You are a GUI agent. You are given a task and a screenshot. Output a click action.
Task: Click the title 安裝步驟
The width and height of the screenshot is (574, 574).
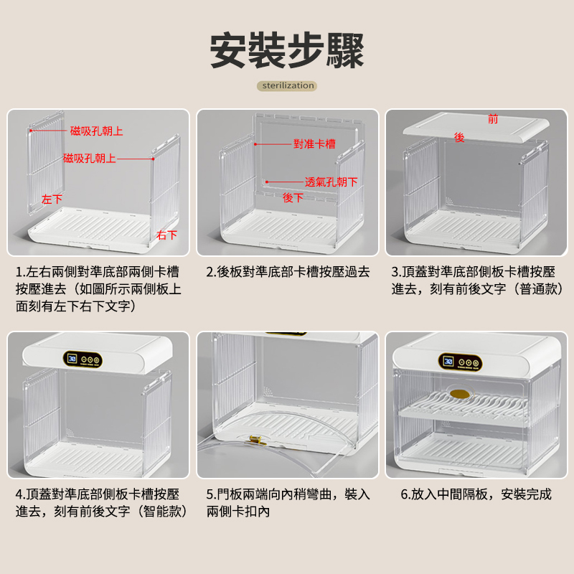[x=286, y=50]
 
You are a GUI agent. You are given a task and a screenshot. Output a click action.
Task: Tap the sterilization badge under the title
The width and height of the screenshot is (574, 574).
[x=287, y=85]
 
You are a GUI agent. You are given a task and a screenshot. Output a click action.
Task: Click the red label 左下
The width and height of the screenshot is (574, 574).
[x=52, y=199]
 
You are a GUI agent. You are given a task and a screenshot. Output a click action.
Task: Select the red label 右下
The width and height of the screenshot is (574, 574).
[x=167, y=235]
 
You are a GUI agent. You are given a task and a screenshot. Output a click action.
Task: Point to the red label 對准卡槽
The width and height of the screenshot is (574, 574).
[x=314, y=144]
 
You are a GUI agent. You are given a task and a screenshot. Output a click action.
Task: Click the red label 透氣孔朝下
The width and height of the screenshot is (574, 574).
[x=331, y=182]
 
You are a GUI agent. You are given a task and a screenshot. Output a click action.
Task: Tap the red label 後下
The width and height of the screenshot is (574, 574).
[x=293, y=198]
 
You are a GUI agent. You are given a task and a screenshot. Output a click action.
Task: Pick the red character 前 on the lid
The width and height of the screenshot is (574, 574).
[x=493, y=119]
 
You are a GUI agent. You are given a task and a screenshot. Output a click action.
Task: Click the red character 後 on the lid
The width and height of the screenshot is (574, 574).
[x=459, y=137]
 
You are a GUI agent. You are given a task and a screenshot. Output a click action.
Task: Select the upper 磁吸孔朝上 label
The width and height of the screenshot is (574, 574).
[x=97, y=131]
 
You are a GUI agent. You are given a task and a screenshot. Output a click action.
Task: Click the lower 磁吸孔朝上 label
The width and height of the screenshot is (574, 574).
[x=89, y=158]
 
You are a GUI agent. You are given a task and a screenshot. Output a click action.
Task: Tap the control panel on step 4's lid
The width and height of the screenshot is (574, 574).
[x=83, y=359]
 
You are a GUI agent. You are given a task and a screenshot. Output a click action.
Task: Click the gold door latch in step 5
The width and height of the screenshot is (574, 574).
[x=257, y=440]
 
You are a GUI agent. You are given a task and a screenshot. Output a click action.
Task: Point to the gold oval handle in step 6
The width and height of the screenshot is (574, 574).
[x=460, y=394]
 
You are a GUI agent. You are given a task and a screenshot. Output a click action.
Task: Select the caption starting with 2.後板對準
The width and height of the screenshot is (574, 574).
[x=288, y=272]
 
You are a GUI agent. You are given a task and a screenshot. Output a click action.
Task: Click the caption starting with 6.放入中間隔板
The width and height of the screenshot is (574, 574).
[x=476, y=494]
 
